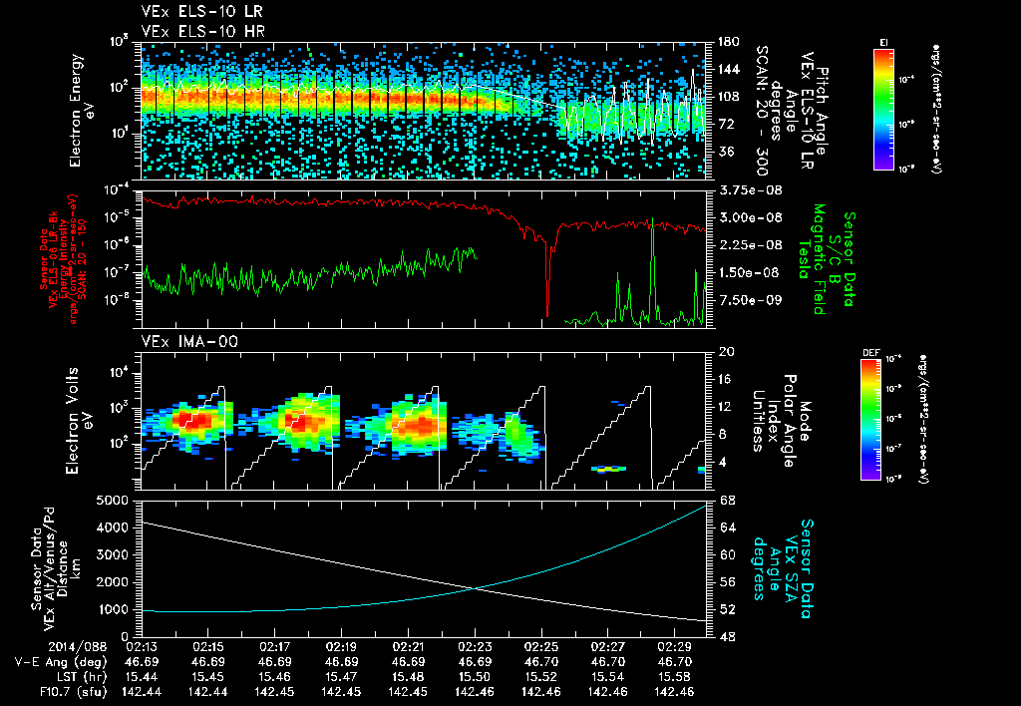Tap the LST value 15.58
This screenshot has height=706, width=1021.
tap(675, 676)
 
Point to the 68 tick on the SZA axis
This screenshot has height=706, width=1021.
tap(727, 499)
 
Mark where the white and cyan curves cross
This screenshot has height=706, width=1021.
tap(479, 587)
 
